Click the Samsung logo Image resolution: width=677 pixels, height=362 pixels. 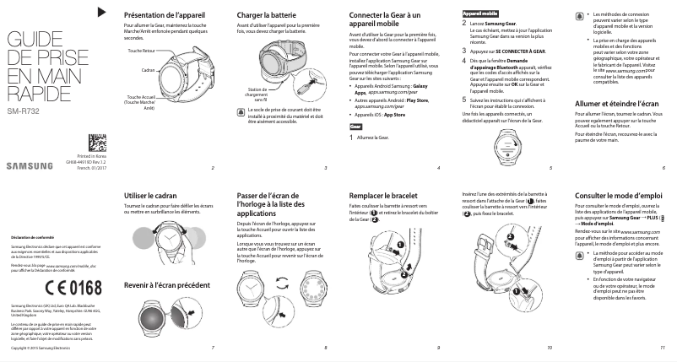tap(30, 165)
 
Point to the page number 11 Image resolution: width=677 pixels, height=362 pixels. tap(663, 348)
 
